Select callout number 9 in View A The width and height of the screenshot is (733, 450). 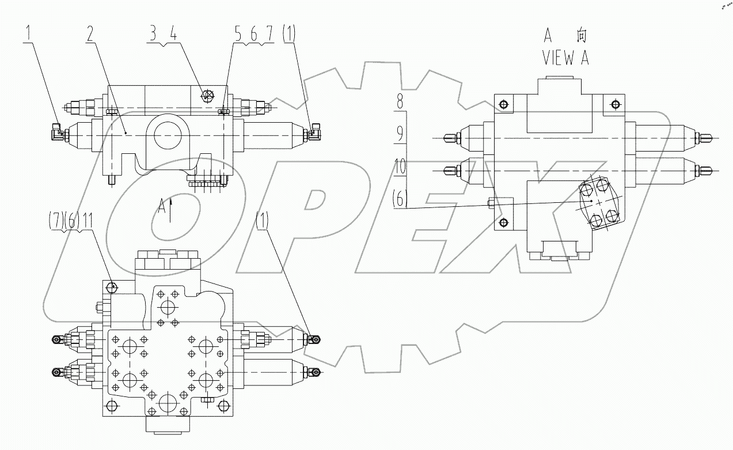[x=400, y=134]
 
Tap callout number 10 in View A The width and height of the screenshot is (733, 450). [x=400, y=168]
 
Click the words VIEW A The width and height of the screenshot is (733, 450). [x=565, y=58]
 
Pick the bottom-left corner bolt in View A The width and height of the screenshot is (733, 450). [x=504, y=223]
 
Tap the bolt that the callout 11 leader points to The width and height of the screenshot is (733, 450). [x=113, y=286]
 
